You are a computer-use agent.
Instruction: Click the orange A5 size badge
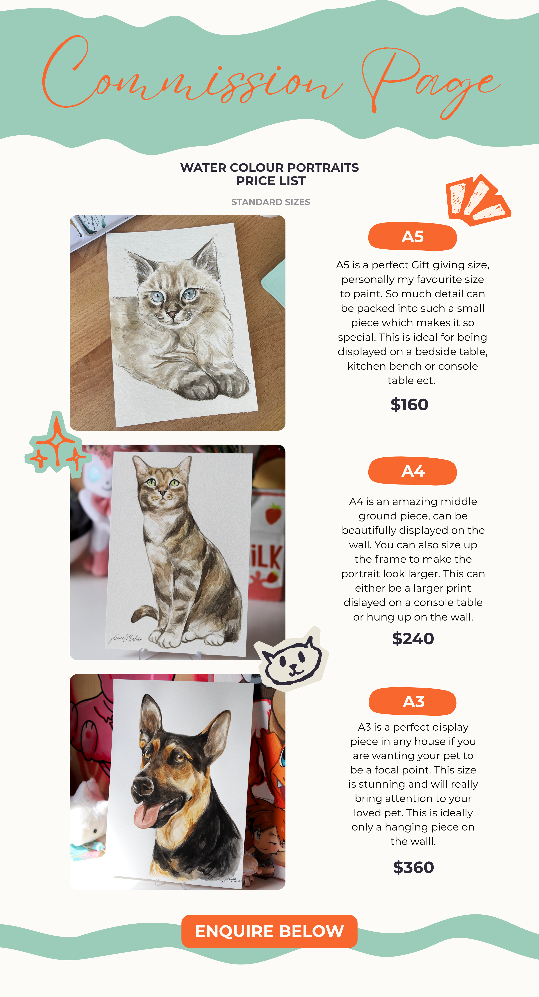click(x=412, y=236)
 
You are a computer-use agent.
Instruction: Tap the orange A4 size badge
click(x=412, y=471)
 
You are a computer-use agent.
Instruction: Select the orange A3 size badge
click(x=412, y=701)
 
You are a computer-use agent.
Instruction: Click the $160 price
click(x=409, y=404)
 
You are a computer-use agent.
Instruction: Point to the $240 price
click(x=413, y=639)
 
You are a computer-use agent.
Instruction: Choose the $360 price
click(x=413, y=867)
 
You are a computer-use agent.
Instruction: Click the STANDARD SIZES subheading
click(x=270, y=202)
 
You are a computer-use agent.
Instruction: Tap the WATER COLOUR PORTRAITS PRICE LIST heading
click(x=270, y=174)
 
